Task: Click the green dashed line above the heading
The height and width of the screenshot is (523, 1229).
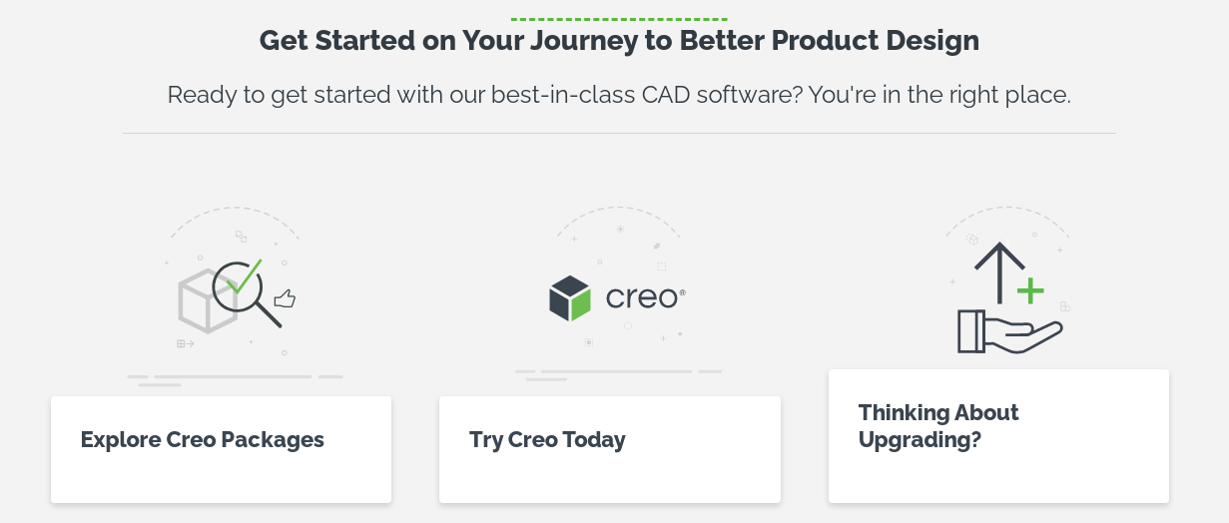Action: [x=619, y=19]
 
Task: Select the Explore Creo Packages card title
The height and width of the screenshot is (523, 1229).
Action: [x=203, y=439]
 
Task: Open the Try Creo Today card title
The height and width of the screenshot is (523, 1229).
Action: [x=547, y=439]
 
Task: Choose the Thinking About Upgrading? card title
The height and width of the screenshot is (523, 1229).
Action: [x=938, y=426]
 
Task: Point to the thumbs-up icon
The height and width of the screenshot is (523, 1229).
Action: [x=285, y=298]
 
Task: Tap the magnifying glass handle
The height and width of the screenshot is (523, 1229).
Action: [x=269, y=314]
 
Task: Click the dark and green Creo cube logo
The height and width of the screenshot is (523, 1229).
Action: [x=570, y=298]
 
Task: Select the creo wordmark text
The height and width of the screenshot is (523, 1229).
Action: [x=643, y=298]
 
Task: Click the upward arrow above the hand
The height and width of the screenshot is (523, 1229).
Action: [x=999, y=269]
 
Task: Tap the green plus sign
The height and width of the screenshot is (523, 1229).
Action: [x=1029, y=291]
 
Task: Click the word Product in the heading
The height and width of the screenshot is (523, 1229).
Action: [x=825, y=41]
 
